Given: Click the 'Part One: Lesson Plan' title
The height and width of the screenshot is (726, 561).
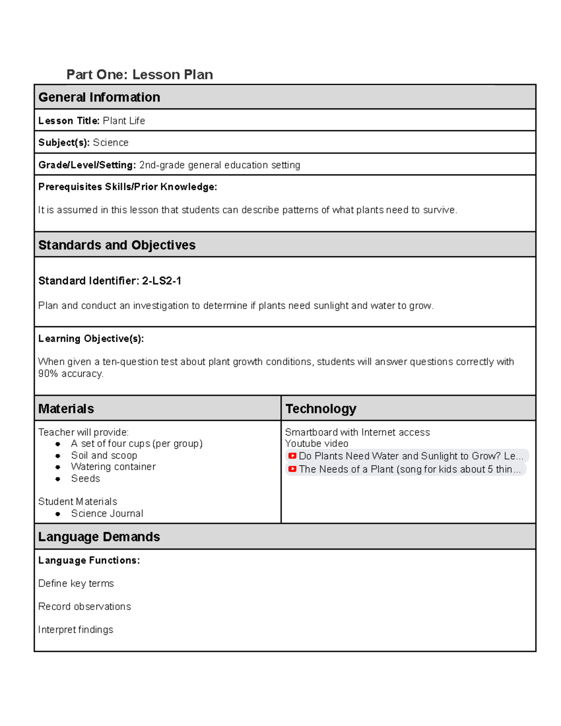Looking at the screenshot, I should [139, 75].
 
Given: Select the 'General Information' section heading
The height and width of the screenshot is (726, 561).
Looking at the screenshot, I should [99, 97].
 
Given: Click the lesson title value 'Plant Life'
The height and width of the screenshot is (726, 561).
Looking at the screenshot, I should [124, 121].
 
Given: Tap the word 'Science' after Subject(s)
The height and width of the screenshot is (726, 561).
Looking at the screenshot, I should [111, 143].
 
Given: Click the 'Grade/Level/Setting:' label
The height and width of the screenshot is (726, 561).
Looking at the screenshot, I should [87, 165].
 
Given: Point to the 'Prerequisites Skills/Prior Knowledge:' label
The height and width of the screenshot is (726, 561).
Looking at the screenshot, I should [128, 187].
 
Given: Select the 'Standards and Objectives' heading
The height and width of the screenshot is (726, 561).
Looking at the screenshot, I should [117, 245].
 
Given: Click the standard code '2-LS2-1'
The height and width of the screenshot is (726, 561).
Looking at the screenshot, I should [162, 281].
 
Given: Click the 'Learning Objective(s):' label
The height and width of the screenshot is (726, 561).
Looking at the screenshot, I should [91, 338].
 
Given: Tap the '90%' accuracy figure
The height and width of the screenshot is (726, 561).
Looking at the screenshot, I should [48, 374].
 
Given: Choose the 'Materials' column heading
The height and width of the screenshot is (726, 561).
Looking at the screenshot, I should [66, 409].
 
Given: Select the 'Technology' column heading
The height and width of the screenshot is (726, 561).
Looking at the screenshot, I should [321, 409].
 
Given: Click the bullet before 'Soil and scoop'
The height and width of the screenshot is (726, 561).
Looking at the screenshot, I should [58, 456].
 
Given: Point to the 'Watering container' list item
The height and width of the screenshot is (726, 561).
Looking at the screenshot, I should [113, 467].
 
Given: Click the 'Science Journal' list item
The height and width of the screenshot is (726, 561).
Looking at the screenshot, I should [107, 513].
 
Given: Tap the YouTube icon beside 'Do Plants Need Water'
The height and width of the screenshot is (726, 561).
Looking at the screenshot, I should [292, 456].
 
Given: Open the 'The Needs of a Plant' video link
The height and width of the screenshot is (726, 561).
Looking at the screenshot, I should [409, 469].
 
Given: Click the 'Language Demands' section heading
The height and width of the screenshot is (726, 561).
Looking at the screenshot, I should [99, 537].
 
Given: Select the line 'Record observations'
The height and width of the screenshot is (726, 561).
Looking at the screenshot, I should [85, 606].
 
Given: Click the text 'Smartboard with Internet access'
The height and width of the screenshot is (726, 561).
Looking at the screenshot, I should [358, 432].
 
